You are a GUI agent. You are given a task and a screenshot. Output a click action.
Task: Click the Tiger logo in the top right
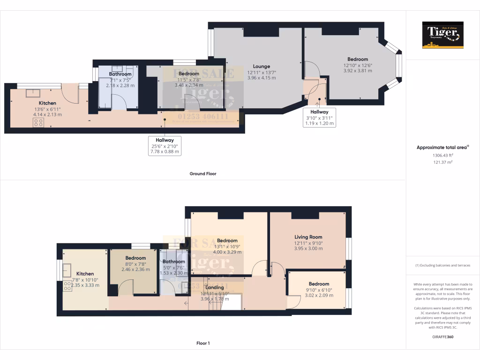[442, 35]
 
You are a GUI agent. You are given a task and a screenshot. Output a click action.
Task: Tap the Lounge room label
[261, 66]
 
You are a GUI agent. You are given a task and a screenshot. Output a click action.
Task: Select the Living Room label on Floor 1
[308, 237]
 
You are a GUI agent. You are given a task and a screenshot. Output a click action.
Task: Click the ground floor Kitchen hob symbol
[38, 123]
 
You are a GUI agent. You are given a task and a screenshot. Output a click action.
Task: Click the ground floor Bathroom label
[120, 74]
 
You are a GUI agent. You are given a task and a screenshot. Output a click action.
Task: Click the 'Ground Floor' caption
[202, 173]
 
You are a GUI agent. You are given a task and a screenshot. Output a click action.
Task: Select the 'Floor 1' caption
[202, 343]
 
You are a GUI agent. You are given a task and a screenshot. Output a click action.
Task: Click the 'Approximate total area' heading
[442, 147]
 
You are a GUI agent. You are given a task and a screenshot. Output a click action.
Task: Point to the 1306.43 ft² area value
[442, 155]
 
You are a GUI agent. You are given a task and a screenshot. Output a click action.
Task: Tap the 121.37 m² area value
[442, 162]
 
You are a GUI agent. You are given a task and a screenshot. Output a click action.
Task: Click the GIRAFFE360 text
[442, 337]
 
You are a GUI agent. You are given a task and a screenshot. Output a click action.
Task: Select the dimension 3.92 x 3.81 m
[357, 71]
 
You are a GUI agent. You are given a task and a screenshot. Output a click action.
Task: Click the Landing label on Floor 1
[215, 287]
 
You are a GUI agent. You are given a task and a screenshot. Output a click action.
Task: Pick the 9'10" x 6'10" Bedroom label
[318, 284]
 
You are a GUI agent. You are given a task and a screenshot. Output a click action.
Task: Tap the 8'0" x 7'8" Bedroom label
[135, 258]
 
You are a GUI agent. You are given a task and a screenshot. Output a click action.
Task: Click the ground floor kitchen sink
[33, 93]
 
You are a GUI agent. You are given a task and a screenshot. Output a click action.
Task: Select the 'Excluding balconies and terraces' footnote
[442, 265]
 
